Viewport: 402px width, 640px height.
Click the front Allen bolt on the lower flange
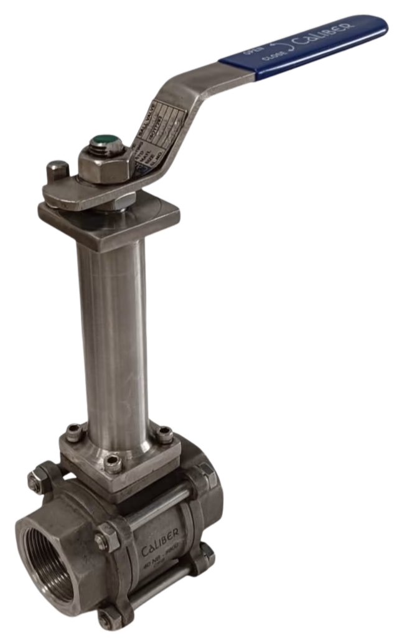pyautogui.click(x=112, y=462)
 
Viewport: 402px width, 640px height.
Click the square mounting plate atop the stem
pyautogui.click(x=109, y=221)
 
